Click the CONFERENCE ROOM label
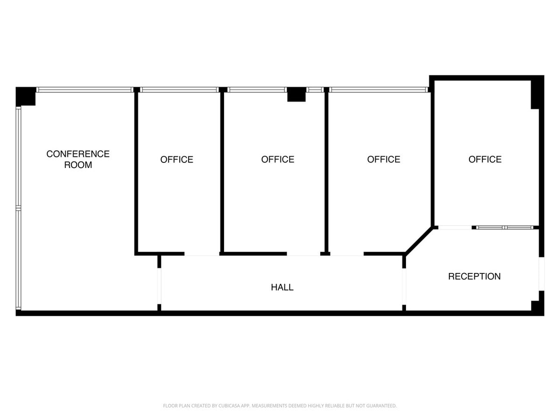[78, 159]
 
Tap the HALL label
[282, 287]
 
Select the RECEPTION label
[474, 276]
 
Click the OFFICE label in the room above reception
[485, 160]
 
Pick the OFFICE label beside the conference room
[176, 160]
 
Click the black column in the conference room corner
[26, 96]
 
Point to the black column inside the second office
[296, 94]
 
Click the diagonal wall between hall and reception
[418, 241]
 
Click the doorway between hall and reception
[404, 287]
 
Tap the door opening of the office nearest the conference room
[202, 254]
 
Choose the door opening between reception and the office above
[455, 227]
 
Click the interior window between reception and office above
[504, 227]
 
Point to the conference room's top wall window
[84, 90]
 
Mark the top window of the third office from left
[378, 90]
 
